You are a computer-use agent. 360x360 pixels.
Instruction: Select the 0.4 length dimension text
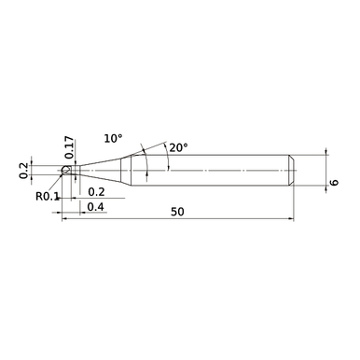pos(95,207)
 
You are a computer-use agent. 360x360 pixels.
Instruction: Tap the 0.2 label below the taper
pos(95,192)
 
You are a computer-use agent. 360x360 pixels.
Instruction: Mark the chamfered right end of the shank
pos(292,172)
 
